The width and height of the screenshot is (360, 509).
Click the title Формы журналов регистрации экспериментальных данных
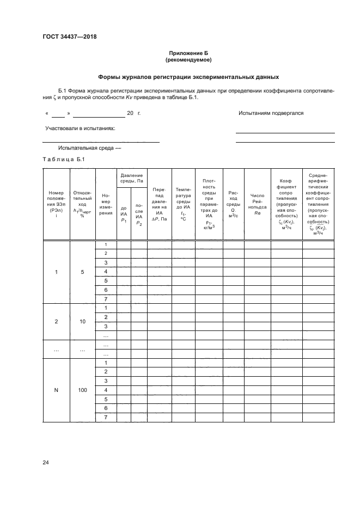tap(188, 77)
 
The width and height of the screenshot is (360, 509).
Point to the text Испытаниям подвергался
tap(271, 113)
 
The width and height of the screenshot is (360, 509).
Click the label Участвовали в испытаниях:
tap(80, 128)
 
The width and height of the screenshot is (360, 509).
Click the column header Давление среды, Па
tap(131, 179)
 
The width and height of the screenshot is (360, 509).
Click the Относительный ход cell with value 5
tap(82, 272)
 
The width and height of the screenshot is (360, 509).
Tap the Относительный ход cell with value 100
tap(82, 390)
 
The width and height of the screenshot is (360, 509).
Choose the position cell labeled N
tap(56, 390)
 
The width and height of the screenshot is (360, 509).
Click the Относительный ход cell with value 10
tap(82, 321)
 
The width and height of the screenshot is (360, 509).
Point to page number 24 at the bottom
tap(46, 463)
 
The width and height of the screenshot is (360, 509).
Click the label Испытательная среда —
tap(89, 148)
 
